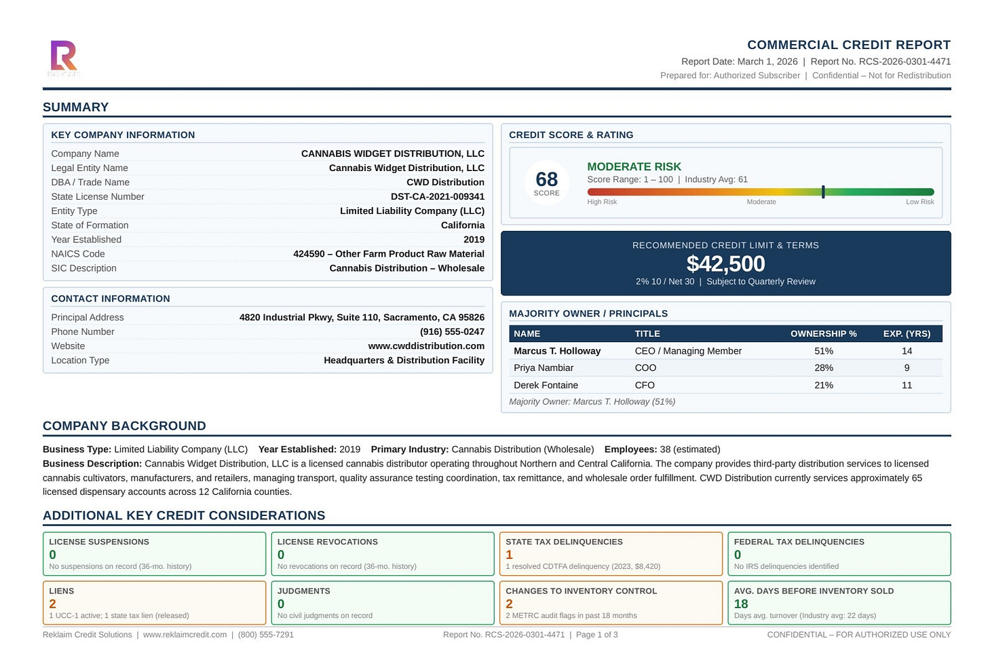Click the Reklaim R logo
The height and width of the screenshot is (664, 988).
pos(64,57)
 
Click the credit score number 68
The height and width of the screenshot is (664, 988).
pos(546,179)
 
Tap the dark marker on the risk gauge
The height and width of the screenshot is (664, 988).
pos(823,192)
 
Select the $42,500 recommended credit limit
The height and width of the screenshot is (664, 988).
pos(725,264)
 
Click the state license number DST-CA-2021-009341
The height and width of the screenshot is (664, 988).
pos(437,197)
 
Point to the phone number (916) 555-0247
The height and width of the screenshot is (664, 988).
pos(452,332)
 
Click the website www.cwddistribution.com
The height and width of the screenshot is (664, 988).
pos(426,346)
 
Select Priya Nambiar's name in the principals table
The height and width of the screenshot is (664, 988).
pos(543,368)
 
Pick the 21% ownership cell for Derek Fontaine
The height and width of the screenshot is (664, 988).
pos(824,385)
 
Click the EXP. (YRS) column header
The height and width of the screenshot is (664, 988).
pos(907,334)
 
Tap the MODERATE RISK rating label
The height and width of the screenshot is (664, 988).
pos(634,167)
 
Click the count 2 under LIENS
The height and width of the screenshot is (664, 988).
pos(52,604)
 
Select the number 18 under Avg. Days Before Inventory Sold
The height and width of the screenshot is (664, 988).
pos(741,604)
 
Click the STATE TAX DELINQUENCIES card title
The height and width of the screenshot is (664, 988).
pos(564,542)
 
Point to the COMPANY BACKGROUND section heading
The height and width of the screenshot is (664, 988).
pos(124,426)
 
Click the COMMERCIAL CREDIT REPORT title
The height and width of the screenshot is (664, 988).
pos(848,45)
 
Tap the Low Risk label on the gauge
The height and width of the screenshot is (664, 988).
pos(919,202)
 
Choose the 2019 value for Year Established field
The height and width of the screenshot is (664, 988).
pos(474,240)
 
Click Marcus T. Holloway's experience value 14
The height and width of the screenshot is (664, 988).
pos(907,351)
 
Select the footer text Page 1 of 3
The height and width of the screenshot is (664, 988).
pos(596,635)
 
